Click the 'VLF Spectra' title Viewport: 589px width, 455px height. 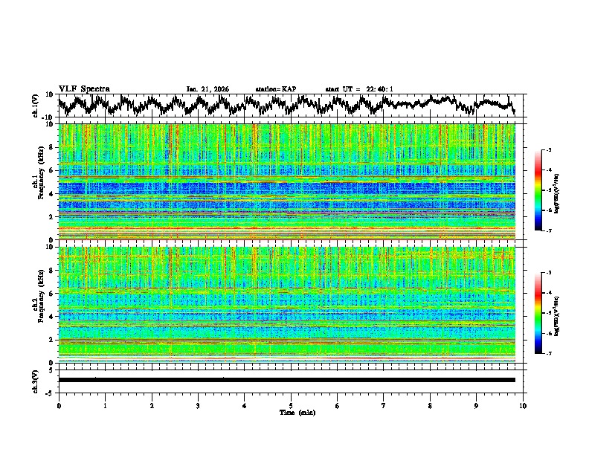tap(84, 88)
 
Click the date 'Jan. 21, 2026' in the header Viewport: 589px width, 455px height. tap(207, 89)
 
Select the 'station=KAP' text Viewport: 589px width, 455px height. tap(275, 89)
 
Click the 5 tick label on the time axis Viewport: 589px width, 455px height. tap(291, 405)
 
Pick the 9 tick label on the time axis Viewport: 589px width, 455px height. tap(476, 405)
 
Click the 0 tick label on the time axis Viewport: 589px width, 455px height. tap(59, 405)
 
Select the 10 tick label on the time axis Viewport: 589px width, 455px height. tap(523, 405)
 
